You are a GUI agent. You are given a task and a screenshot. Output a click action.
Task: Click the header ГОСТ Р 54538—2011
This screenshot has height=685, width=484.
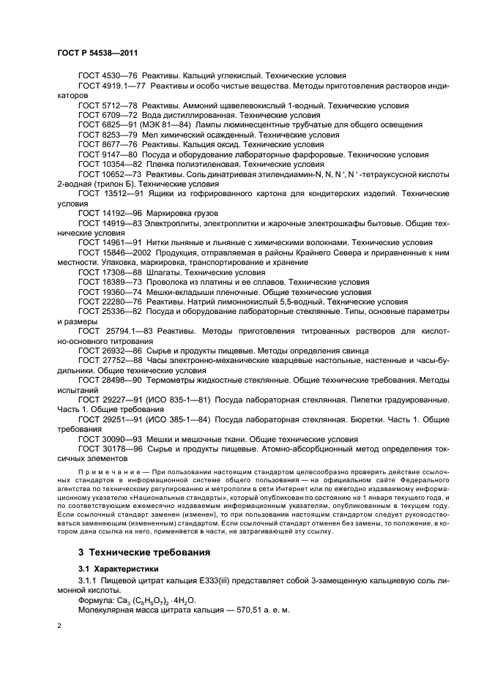point(97,53)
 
